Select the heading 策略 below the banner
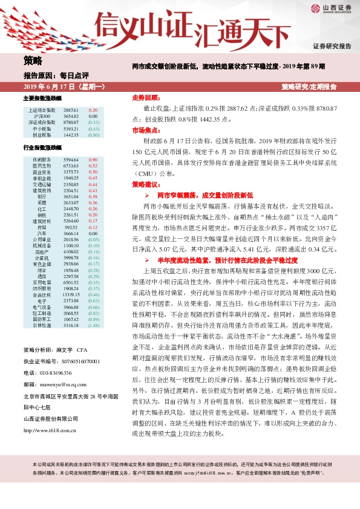[x=33, y=60]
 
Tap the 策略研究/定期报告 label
[x=309, y=88]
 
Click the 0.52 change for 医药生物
[x=93, y=165]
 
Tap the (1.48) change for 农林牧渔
[x=93, y=326]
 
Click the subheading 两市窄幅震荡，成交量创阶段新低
[x=200, y=196]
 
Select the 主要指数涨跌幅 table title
[x=42, y=99]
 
